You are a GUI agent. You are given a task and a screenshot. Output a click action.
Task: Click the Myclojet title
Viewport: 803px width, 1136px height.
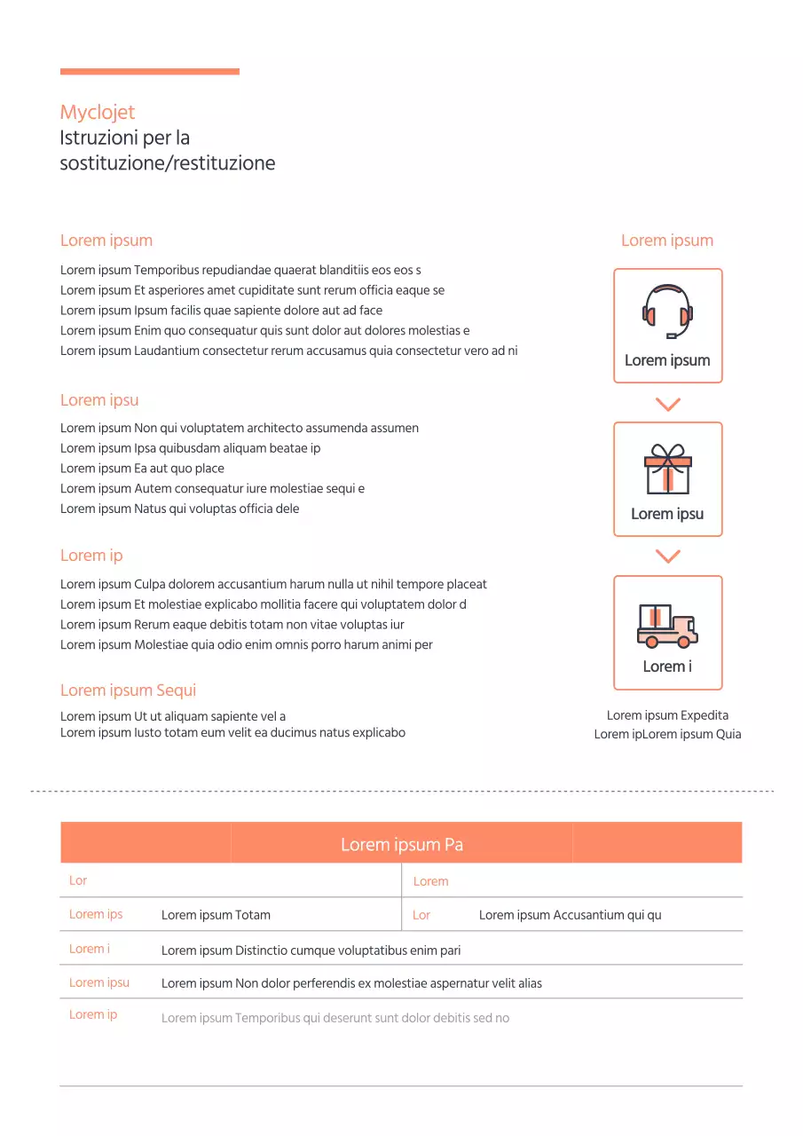[98, 113]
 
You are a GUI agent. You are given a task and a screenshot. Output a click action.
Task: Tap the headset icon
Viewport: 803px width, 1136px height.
[667, 311]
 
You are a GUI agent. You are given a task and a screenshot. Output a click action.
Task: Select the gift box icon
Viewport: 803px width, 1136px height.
[667, 469]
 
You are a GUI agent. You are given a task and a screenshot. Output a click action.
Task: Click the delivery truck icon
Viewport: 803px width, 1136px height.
[667, 625]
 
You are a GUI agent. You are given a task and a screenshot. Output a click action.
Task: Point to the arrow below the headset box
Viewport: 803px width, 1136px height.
[667, 405]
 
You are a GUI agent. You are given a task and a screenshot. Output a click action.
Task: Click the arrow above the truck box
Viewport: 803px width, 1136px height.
[667, 556]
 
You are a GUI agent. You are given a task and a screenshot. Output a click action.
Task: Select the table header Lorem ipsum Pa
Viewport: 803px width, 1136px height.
[401, 844]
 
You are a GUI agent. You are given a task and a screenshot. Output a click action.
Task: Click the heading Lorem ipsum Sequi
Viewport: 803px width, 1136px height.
[128, 690]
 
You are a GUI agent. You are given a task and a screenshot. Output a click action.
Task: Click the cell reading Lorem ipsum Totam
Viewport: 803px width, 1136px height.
[216, 915]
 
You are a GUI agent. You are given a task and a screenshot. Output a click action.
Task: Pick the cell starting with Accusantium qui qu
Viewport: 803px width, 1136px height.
[571, 915]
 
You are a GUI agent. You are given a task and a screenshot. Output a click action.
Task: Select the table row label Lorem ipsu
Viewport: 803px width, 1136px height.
[99, 982]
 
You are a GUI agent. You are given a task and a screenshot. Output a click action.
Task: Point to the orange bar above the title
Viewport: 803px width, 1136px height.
[149, 72]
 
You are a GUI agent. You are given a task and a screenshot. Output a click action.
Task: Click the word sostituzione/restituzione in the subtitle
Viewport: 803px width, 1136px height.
[168, 163]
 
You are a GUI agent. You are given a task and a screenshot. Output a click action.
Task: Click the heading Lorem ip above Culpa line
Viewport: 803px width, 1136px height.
[91, 556]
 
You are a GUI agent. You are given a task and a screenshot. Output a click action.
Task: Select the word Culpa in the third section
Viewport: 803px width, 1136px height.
[151, 584]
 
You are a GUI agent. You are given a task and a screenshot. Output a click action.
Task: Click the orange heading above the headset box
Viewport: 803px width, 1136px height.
[667, 241]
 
